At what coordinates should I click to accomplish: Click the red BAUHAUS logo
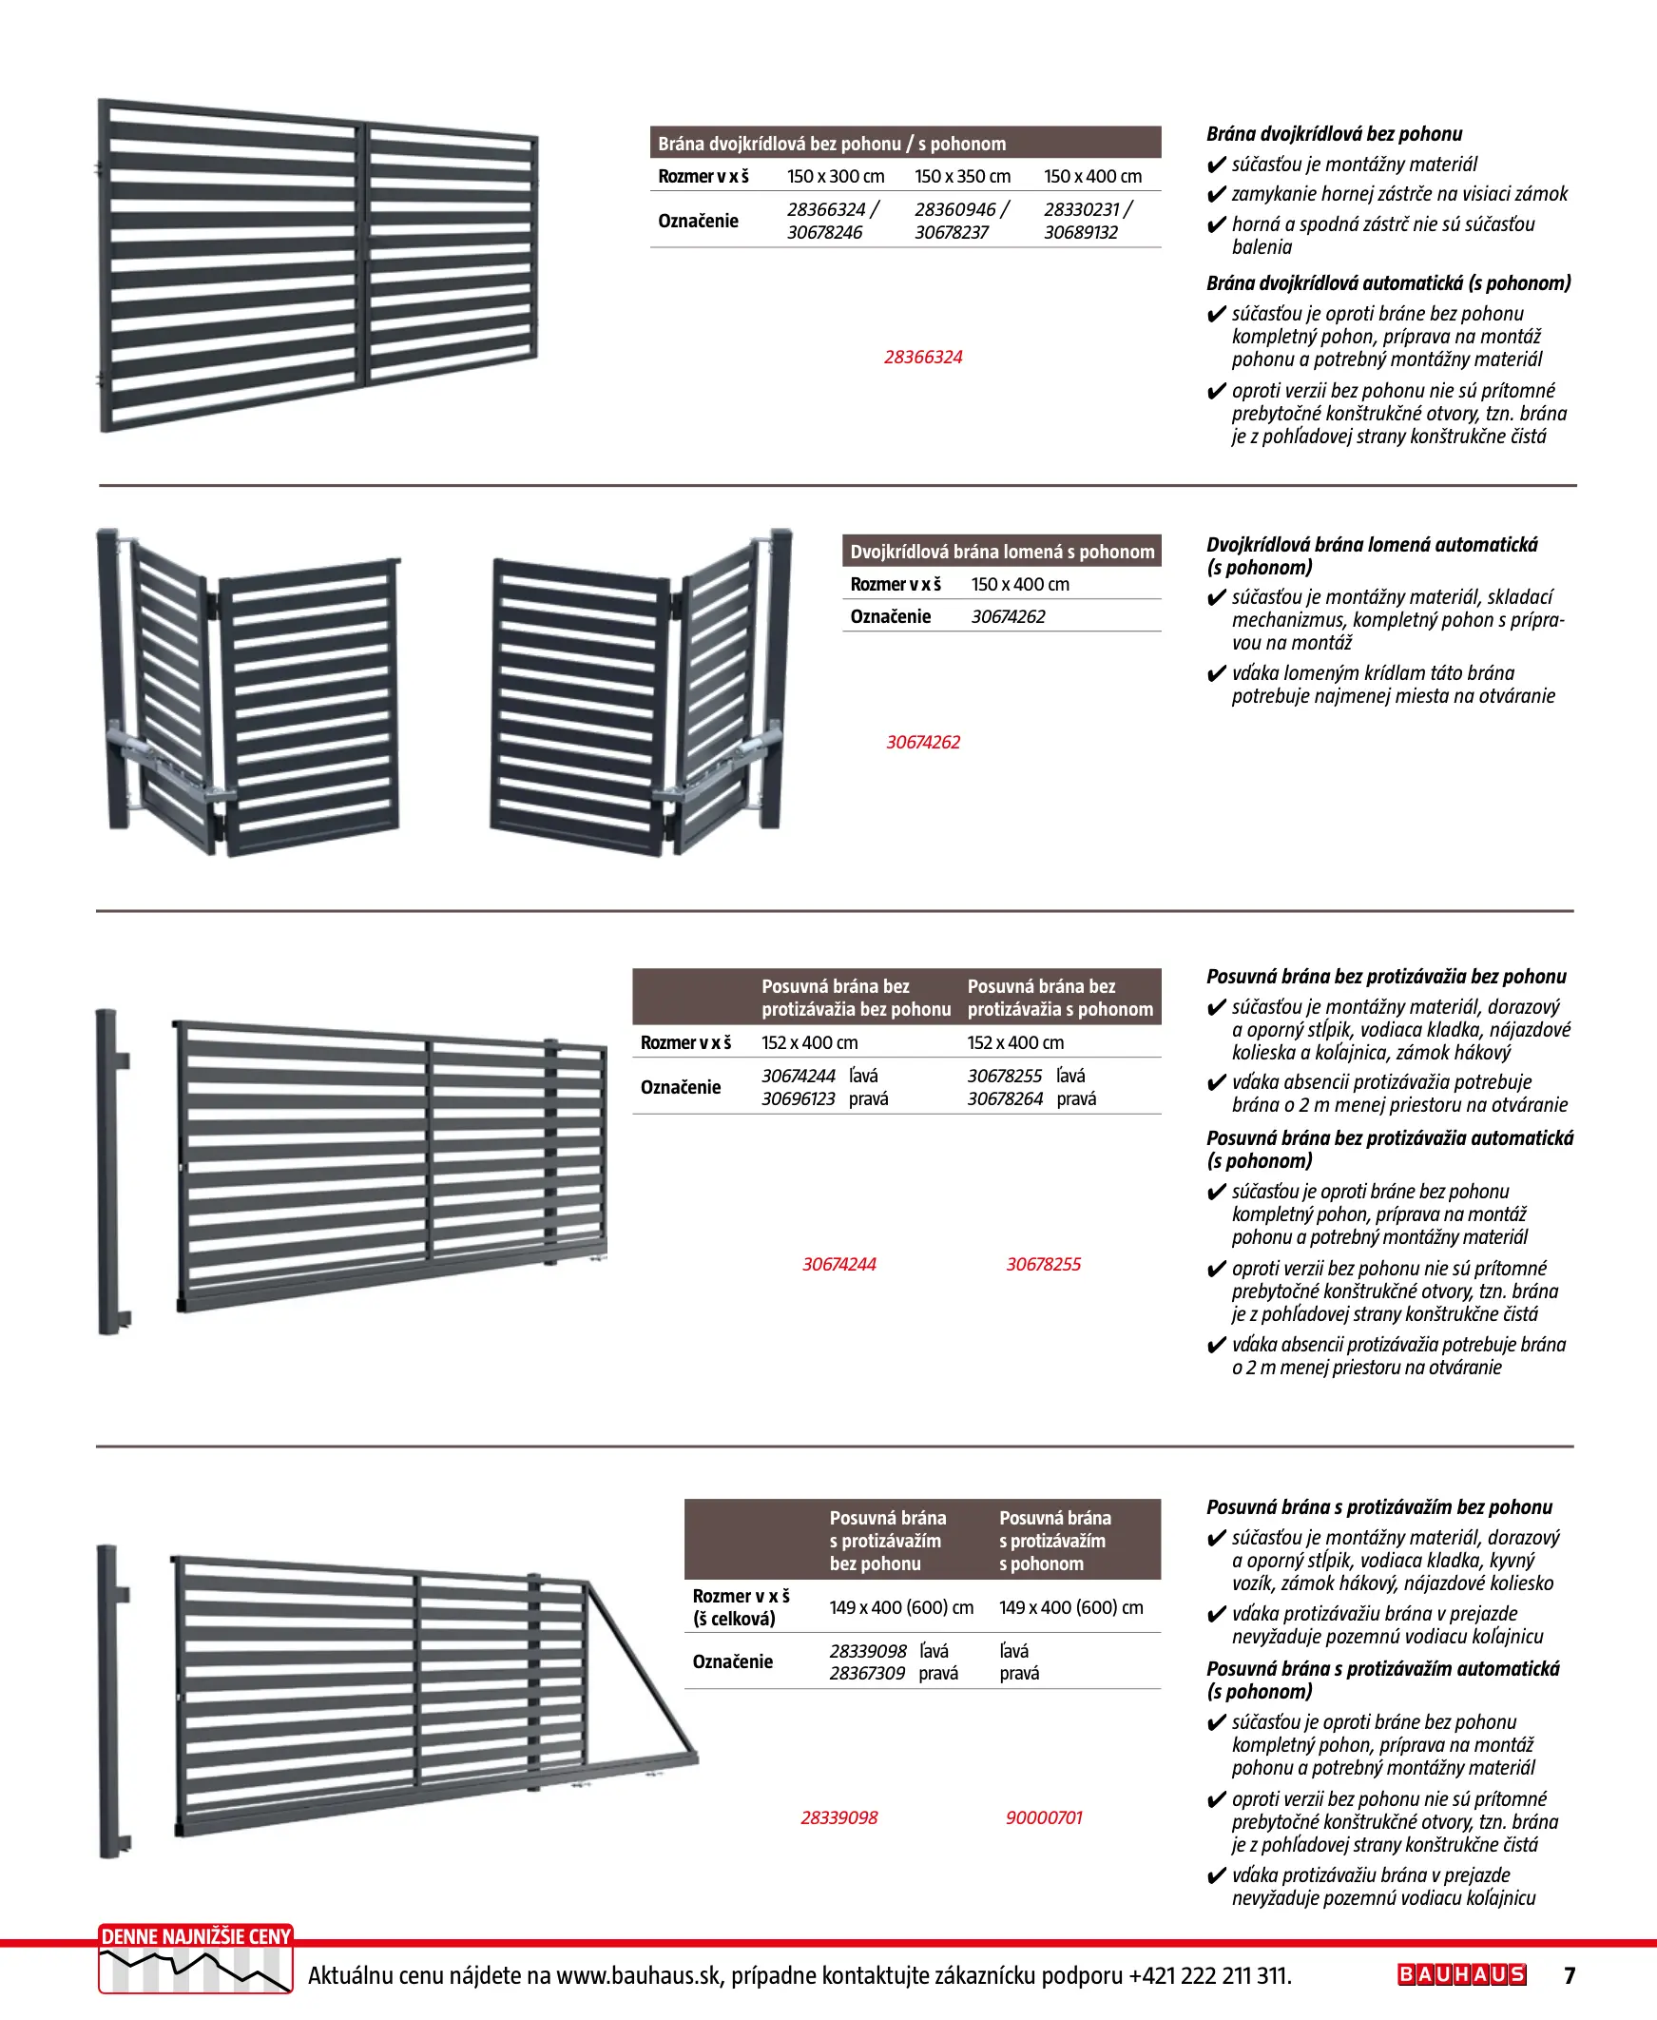[1461, 1974]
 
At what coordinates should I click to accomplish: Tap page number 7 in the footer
[1570, 1975]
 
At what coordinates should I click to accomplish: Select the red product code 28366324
[923, 357]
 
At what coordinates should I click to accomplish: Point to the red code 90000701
[1043, 1817]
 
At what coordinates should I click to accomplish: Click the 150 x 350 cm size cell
[962, 177]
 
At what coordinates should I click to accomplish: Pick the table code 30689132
[1081, 233]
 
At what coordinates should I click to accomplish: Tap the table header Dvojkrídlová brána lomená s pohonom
[1002, 552]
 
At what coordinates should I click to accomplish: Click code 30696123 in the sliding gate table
[798, 1098]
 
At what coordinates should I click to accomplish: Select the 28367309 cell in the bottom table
[867, 1674]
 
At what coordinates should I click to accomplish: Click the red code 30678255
[1043, 1264]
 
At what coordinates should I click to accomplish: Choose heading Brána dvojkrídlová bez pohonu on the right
[1334, 134]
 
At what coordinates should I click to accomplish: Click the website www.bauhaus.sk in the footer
[638, 1975]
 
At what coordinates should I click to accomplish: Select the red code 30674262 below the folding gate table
[923, 742]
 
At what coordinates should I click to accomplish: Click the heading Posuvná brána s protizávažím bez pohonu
[1378, 1507]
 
